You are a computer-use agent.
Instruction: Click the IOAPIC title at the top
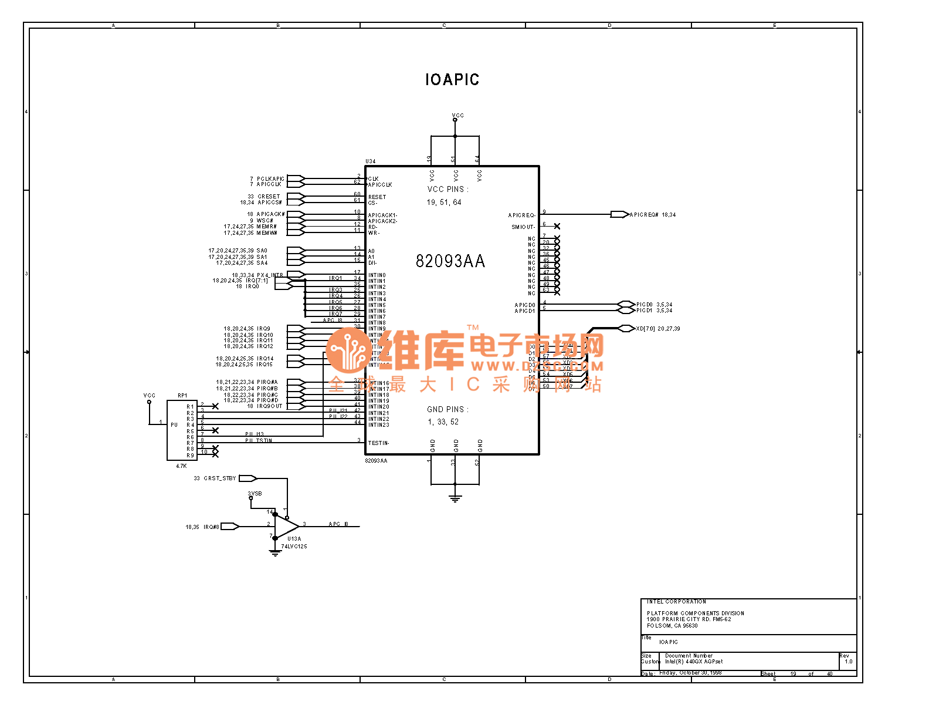[x=452, y=80]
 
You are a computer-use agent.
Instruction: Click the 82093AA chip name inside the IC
[x=450, y=261]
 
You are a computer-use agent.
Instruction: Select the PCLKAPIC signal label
[x=270, y=178]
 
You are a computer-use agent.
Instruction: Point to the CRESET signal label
[x=269, y=196]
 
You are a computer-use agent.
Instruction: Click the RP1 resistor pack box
[x=182, y=430]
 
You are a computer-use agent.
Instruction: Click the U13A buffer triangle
[x=286, y=525]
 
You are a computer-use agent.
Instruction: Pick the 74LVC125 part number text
[x=294, y=547]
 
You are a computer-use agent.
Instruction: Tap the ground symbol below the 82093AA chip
[x=455, y=499]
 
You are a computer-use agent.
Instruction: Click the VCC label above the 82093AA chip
[x=457, y=116]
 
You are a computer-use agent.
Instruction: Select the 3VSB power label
[x=255, y=494]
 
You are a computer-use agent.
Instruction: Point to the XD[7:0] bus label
[x=646, y=329]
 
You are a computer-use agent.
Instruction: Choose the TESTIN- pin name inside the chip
[x=378, y=443]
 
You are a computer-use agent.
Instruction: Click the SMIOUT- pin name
[x=523, y=227]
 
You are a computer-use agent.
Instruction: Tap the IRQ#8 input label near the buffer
[x=211, y=527]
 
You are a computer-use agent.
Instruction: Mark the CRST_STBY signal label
[x=219, y=478]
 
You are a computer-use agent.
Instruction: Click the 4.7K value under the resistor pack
[x=181, y=466]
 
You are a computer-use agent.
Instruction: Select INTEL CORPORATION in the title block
[x=676, y=602]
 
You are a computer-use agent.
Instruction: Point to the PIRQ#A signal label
[x=267, y=382]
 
